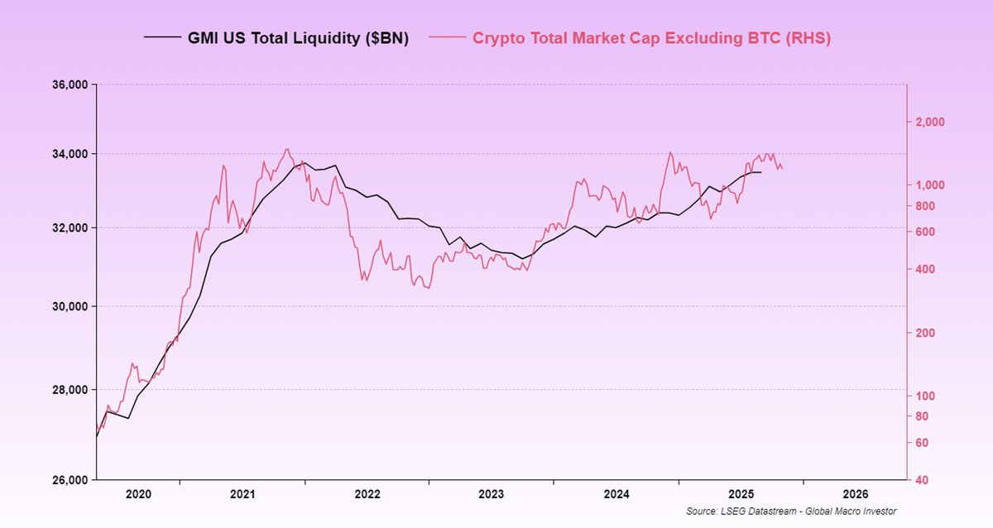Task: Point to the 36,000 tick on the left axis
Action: point(70,84)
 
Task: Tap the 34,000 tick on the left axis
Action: point(70,154)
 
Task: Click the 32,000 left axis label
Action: point(70,228)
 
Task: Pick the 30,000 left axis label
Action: point(70,306)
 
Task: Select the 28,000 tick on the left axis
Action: point(70,390)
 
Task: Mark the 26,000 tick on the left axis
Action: point(70,480)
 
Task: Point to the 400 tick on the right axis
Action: point(927,270)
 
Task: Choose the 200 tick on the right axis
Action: point(927,333)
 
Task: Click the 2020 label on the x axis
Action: point(138,494)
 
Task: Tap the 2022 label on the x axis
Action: point(367,494)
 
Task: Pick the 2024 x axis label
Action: point(616,494)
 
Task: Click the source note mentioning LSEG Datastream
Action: point(791,511)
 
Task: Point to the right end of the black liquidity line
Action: point(760,172)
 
